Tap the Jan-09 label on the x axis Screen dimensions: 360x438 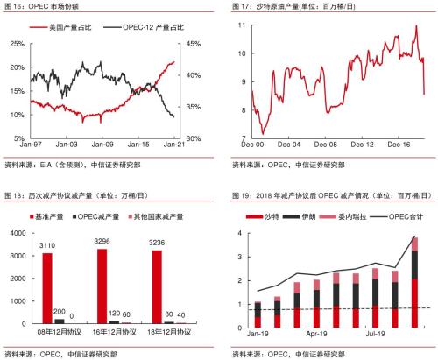(x=104, y=146)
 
